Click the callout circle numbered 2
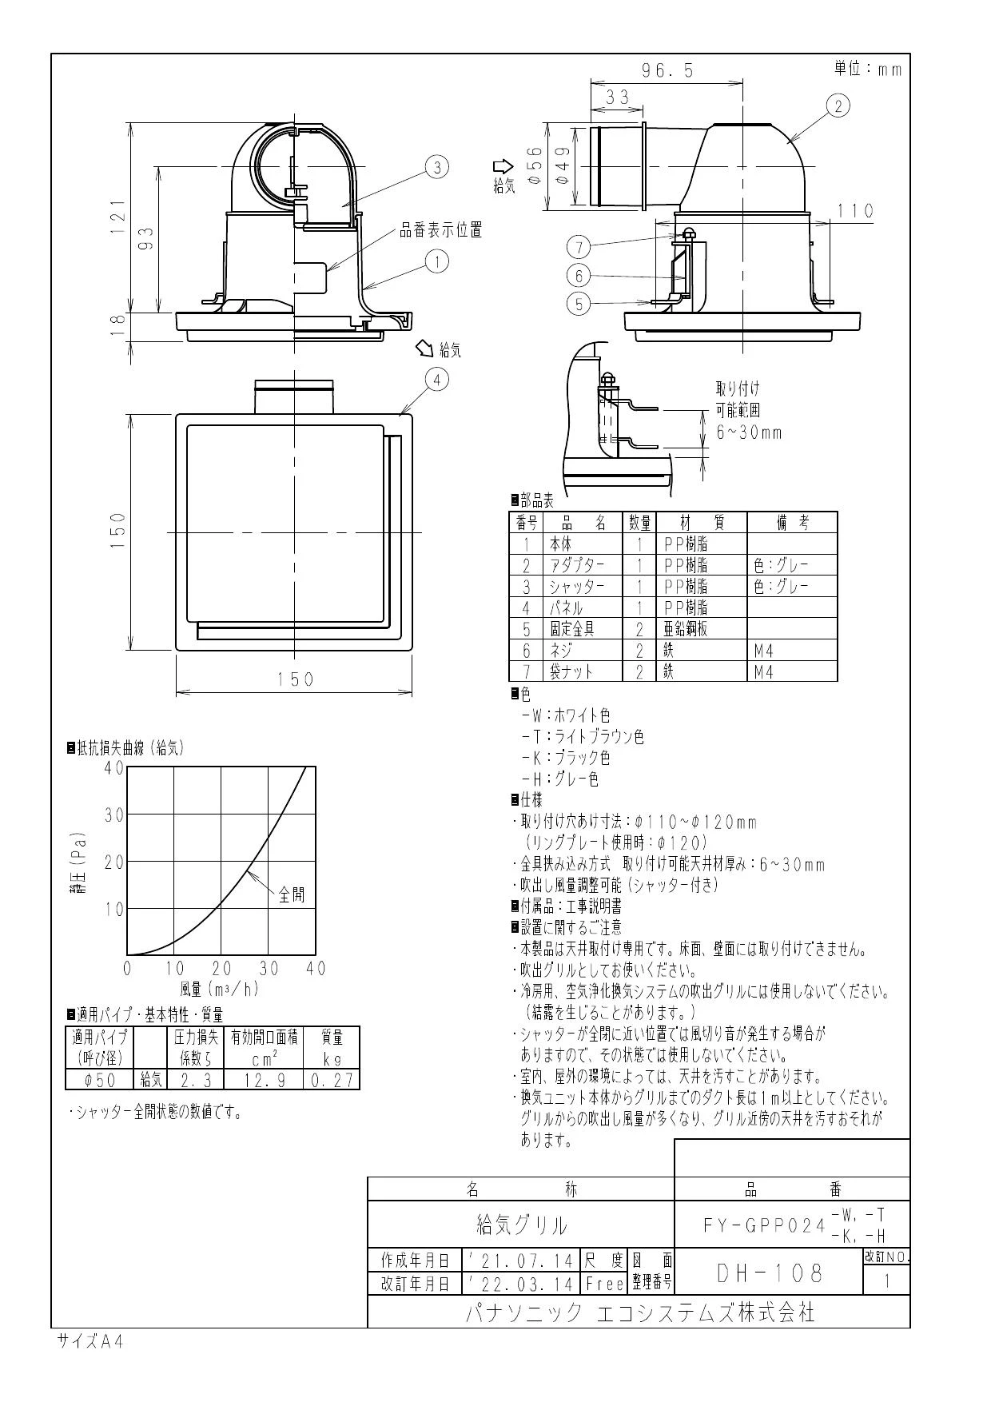837,106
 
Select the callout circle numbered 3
436,167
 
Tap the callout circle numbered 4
436,380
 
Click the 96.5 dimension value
667,70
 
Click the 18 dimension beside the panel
118,322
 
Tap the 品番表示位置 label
441,231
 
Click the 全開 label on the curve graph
292,894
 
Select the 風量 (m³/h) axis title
220,990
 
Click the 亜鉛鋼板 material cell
686,629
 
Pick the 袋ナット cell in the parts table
571,671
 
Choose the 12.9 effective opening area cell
263,1080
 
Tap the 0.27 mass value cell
332,1080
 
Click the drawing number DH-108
770,1273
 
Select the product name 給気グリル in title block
522,1225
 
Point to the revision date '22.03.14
521,1284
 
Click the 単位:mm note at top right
868,69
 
